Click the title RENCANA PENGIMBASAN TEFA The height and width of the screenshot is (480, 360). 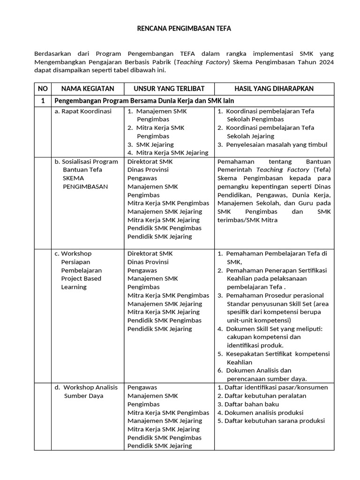[184, 29]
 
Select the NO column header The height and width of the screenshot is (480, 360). [43, 89]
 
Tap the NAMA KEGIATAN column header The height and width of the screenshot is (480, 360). [88, 89]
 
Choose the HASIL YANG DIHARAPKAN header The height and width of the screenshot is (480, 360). [274, 89]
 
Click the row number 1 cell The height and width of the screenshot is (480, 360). [43, 101]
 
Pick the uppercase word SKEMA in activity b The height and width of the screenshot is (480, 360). [72, 178]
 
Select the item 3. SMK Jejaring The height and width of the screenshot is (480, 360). [151, 144]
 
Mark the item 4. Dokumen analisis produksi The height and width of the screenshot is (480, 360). [260, 412]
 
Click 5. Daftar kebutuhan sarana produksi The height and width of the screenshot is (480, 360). [271, 420]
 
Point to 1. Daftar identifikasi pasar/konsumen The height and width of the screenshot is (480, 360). [272, 387]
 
